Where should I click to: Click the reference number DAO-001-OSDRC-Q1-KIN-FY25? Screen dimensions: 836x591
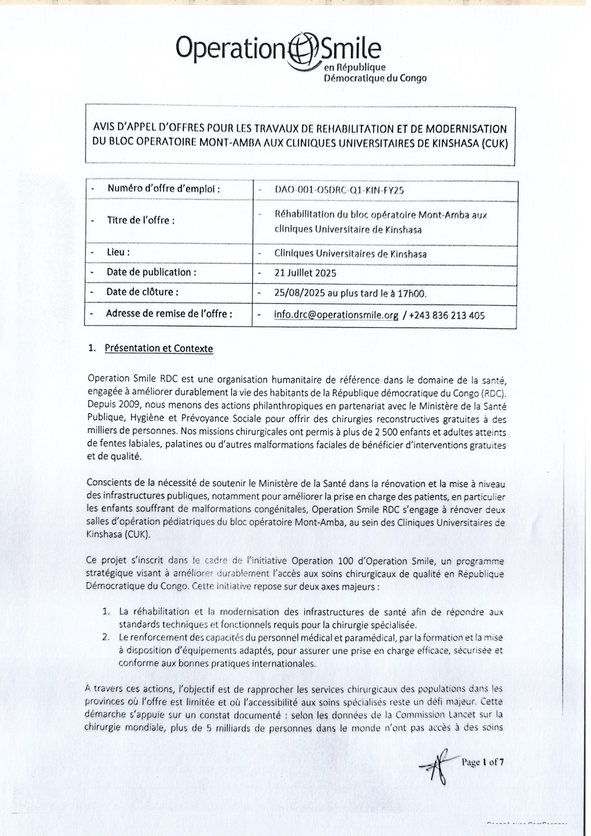339,190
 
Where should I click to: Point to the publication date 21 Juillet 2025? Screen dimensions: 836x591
306,273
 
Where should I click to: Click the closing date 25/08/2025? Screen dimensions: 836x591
300,294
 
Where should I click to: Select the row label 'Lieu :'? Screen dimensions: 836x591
118,252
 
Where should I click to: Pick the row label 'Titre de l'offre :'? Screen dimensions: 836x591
140,221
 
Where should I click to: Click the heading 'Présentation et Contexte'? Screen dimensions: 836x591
159,348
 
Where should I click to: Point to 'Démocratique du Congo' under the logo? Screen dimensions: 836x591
375,78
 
